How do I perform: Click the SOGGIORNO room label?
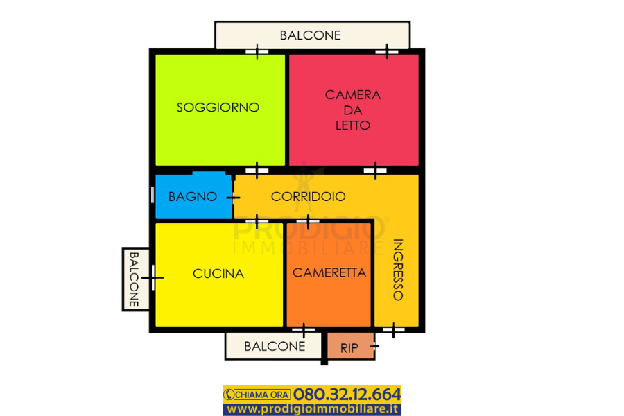218,107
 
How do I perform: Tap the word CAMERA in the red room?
353,95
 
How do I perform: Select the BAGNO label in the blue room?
193,197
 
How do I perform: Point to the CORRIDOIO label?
308,196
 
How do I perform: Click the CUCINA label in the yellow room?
218,274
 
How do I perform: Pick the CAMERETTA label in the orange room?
329,273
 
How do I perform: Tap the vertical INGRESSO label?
398,270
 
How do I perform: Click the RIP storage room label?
349,348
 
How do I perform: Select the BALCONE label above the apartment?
311,35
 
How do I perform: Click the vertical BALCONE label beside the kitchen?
134,279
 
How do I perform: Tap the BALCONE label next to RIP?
275,347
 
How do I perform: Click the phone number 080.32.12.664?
347,394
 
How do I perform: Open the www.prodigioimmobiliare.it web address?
313,409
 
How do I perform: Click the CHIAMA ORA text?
262,395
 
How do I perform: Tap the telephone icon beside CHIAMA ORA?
229,395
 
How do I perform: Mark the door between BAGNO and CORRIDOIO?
233,198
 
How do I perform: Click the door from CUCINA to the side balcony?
153,278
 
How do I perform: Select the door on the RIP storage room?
374,346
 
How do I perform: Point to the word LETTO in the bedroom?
353,125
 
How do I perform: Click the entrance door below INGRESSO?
394,329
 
